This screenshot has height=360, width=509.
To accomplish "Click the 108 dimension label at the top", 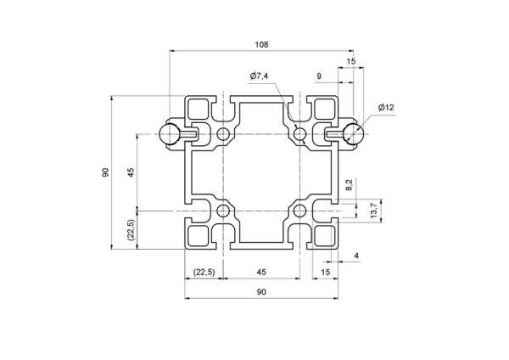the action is click(261, 44).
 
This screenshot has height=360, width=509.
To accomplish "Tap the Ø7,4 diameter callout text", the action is click(259, 76).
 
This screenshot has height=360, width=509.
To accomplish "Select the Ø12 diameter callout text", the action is click(386, 107).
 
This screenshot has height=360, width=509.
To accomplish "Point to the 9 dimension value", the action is click(319, 76).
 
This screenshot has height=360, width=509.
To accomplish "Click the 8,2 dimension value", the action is click(349, 185).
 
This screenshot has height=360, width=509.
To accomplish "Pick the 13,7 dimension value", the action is click(373, 211).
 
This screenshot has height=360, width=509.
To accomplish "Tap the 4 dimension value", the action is click(356, 256).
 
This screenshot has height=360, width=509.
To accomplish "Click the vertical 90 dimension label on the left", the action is click(105, 172).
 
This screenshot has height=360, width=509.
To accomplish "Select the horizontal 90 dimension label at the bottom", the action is click(261, 292).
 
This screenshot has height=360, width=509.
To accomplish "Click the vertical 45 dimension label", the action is click(131, 172).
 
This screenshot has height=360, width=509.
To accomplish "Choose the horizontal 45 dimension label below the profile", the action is click(261, 272).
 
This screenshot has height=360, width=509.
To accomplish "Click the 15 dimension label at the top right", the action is click(351, 61).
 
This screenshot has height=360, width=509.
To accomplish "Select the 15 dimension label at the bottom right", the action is click(325, 272).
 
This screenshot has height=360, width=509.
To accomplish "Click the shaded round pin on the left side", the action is click(169, 134).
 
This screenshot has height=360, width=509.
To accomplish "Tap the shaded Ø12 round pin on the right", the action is click(354, 133).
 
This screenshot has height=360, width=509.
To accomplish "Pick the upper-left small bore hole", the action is click(223, 133).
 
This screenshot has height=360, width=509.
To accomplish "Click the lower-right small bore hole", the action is click(299, 211).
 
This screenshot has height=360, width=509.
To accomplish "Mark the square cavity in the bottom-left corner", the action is click(198, 235).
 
